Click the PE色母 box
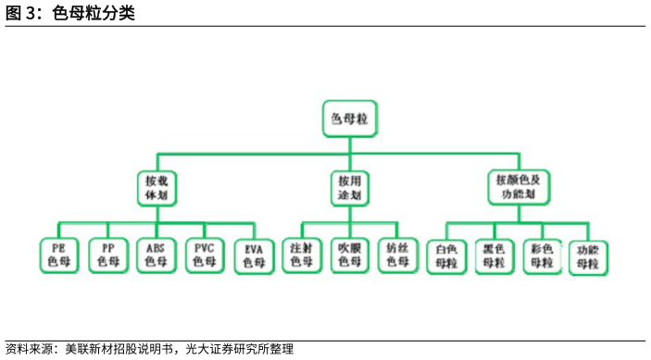59,255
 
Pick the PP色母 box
107,255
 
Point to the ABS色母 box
155,255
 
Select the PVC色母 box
203,255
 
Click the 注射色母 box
302,255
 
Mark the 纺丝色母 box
396,255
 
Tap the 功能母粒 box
588,257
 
